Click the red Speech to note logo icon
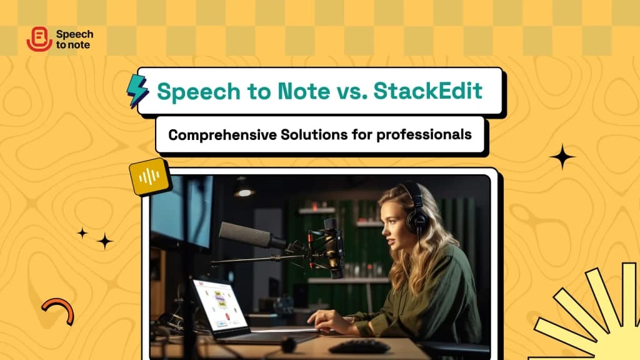pos(39,40)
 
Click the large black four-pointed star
pos(562,157)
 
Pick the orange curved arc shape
pos(59,309)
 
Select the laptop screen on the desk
pos(218,305)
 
